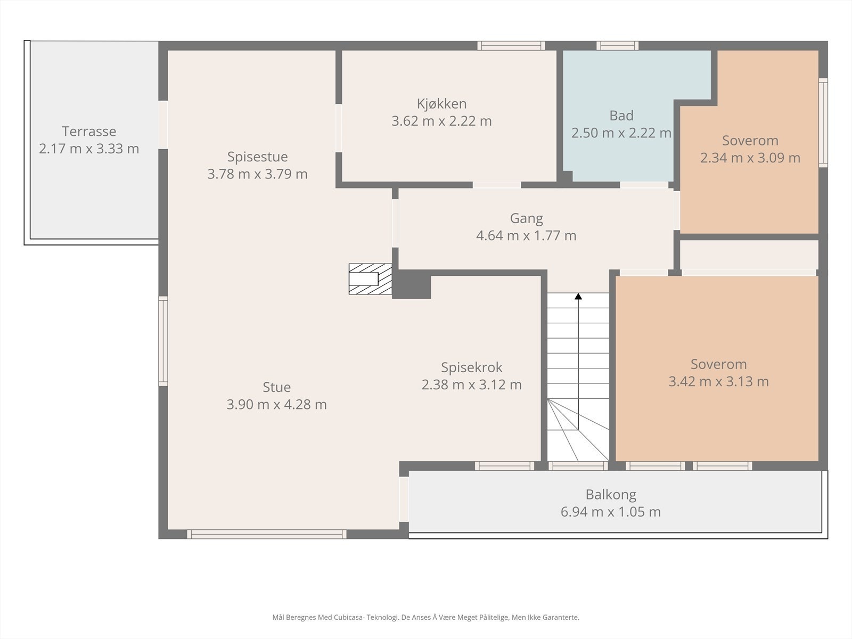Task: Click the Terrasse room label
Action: tap(89, 132)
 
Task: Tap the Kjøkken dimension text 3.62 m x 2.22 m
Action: tap(441, 121)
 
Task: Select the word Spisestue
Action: tap(257, 157)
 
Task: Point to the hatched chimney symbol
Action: tap(370, 279)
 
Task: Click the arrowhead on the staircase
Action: tap(578, 296)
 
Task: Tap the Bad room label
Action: tap(621, 116)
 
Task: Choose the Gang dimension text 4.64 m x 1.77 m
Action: tap(526, 235)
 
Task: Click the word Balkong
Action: tap(611, 495)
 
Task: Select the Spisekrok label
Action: tap(471, 367)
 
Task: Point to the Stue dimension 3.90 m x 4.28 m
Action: tap(276, 405)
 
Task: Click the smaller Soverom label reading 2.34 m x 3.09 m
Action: tap(750, 141)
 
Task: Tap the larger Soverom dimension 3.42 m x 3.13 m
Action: tap(718, 382)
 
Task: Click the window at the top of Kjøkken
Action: tap(511, 46)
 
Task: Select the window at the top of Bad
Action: tap(617, 46)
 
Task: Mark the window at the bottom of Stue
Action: tap(266, 534)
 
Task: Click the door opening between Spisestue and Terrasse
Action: tap(163, 125)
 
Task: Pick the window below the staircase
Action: tap(578, 466)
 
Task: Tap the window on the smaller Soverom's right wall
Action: tap(823, 122)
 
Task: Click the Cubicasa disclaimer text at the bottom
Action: tap(425, 618)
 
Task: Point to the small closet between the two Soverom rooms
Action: tap(749, 255)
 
